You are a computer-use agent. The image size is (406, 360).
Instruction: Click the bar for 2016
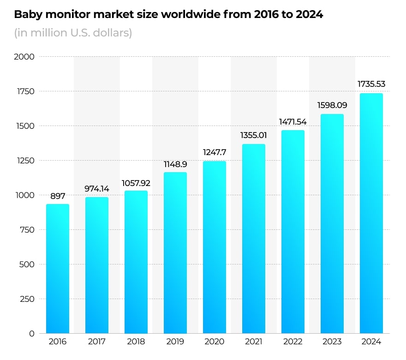tap(58, 269)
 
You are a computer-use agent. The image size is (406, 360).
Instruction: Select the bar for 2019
tap(175, 253)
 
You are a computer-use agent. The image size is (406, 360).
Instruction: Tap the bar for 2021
tap(254, 239)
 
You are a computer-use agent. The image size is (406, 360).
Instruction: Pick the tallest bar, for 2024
tap(371, 213)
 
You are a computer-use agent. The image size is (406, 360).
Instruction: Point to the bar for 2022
tap(293, 232)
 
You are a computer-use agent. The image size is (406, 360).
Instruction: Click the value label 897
tap(58, 197)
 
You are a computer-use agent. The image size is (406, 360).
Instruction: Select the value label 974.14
tap(97, 189)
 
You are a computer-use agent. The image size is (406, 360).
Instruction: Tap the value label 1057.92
tap(136, 183)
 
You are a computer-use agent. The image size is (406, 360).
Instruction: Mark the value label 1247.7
tap(215, 152)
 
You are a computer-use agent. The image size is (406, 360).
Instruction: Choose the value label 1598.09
tap(332, 105)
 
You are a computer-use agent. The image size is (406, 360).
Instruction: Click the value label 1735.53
tap(371, 84)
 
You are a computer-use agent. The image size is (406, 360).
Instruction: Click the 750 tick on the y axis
tap(27, 230)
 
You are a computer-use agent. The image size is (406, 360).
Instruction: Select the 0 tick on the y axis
tap(32, 334)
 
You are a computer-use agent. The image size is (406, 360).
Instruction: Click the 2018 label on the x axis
tap(136, 342)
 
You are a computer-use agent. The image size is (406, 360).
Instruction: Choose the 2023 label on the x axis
tap(332, 342)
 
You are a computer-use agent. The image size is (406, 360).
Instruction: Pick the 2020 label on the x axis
tap(215, 342)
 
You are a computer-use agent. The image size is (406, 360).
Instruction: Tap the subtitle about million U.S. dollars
tap(73, 33)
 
